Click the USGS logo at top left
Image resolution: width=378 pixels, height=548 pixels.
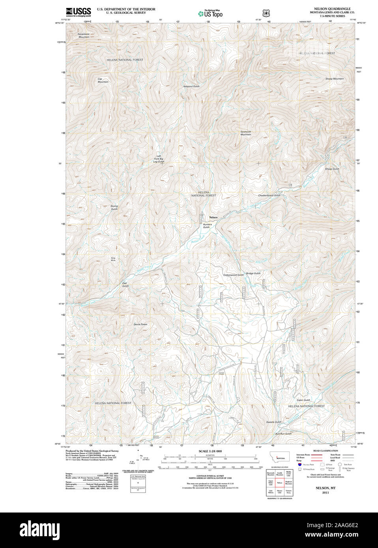78,11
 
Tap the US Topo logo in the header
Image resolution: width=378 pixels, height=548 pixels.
210,13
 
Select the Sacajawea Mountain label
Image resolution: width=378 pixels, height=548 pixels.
83,35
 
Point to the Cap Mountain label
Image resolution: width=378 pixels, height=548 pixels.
103,80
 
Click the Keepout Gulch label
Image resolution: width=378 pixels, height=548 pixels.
191,86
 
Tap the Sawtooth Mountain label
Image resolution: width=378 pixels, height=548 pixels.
246,133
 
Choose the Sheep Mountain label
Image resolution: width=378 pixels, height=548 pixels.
334,79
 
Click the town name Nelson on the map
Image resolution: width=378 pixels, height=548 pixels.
213,218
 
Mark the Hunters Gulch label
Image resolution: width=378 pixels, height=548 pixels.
207,226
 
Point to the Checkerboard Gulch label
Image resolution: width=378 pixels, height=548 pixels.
269,196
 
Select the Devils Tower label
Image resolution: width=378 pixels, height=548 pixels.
140,324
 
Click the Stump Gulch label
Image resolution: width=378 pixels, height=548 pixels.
114,207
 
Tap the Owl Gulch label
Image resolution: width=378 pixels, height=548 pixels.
125,284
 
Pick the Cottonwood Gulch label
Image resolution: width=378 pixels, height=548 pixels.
233,275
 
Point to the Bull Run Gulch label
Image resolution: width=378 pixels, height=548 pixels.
283,434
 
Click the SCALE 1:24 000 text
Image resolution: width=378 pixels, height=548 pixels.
210,451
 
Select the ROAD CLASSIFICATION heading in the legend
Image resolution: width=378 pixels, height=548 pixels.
326,451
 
